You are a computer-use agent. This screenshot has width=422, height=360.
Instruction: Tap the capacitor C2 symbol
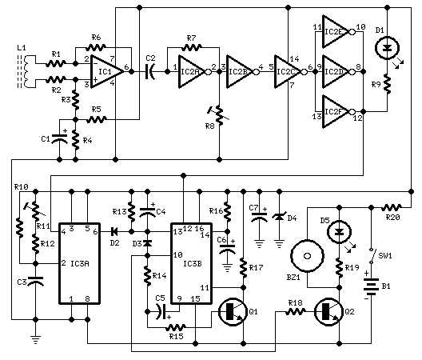pos(150,72)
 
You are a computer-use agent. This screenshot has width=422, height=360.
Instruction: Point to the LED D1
pos(388,48)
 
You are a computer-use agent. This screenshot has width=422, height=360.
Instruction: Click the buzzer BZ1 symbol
pos(307,256)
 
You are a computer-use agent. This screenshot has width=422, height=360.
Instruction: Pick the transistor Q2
pos(328,312)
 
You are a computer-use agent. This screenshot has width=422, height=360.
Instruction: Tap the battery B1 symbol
pos(371,286)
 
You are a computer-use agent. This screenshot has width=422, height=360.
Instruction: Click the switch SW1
pos(372,256)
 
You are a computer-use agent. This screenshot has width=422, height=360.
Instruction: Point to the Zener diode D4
pos(279,216)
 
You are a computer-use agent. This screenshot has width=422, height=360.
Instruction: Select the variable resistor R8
pos(220,116)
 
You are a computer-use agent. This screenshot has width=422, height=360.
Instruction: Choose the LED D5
pos(339,231)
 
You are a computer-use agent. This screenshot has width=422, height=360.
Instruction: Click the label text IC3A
pos(80,264)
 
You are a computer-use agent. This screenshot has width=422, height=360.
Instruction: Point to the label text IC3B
pos(193,264)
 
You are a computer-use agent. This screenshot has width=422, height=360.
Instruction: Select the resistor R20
pos(392,207)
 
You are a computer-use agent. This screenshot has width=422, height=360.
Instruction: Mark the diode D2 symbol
pos(113,231)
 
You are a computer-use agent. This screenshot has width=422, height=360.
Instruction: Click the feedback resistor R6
pos(96,48)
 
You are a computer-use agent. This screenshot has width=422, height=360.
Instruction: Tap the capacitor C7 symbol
pos(259,216)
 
